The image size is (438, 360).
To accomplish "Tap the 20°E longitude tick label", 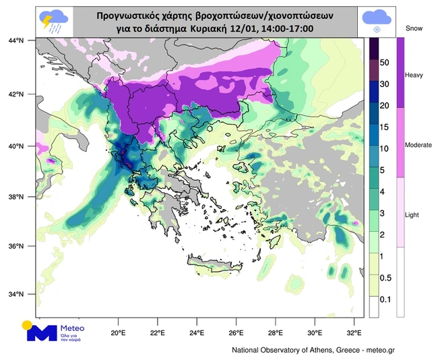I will tap(119, 332).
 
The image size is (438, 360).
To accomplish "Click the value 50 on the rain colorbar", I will tap(385, 61).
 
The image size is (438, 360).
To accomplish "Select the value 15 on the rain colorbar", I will tap(385, 127).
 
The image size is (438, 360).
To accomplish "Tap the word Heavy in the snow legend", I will tap(413, 75).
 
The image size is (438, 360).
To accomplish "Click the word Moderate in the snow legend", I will tap(417, 145).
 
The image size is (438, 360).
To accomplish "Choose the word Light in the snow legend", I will tap(412, 214).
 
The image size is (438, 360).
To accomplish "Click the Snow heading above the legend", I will tap(414, 28).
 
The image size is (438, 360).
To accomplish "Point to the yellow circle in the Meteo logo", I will tap(28, 325).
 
